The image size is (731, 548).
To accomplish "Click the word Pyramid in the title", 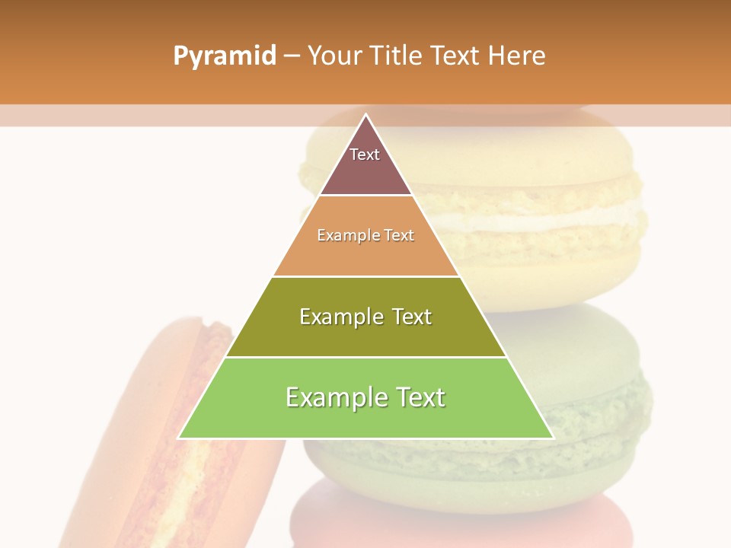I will [x=225, y=56].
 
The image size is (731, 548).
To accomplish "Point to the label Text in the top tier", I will [x=365, y=155].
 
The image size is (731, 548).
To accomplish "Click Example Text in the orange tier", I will [x=365, y=235].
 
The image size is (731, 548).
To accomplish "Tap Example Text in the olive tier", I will [x=365, y=317].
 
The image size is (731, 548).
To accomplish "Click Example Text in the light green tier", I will [x=365, y=397].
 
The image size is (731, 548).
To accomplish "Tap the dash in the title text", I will [x=292, y=56].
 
